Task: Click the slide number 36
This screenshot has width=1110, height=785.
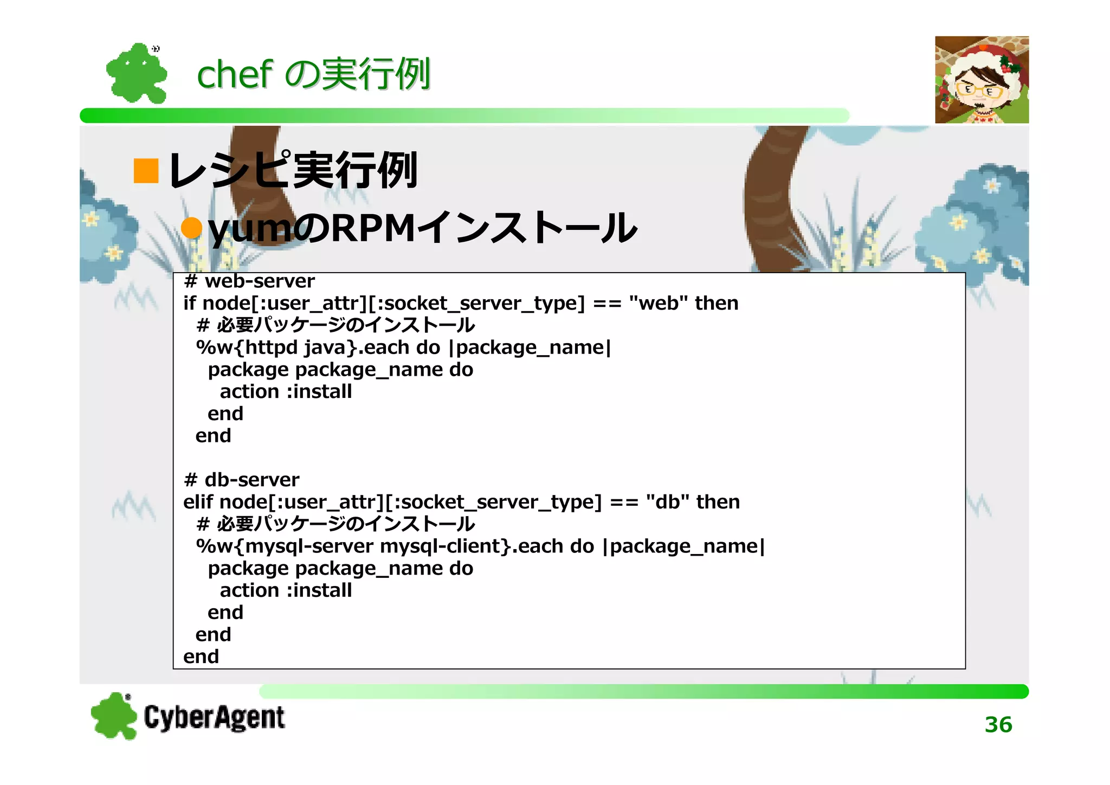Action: [998, 724]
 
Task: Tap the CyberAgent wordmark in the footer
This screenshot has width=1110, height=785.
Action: [214, 717]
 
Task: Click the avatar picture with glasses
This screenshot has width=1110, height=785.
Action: [982, 80]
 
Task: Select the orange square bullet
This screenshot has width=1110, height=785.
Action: [146, 171]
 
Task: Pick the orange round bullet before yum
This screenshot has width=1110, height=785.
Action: [191, 228]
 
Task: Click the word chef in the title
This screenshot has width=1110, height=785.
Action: [234, 74]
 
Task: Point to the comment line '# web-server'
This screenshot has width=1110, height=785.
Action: [249, 281]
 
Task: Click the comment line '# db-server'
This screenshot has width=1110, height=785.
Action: [242, 480]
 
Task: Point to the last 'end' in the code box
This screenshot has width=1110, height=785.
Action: [201, 657]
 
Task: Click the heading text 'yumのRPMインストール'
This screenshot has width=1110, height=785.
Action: [422, 228]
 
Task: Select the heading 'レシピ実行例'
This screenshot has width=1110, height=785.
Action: [293, 171]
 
